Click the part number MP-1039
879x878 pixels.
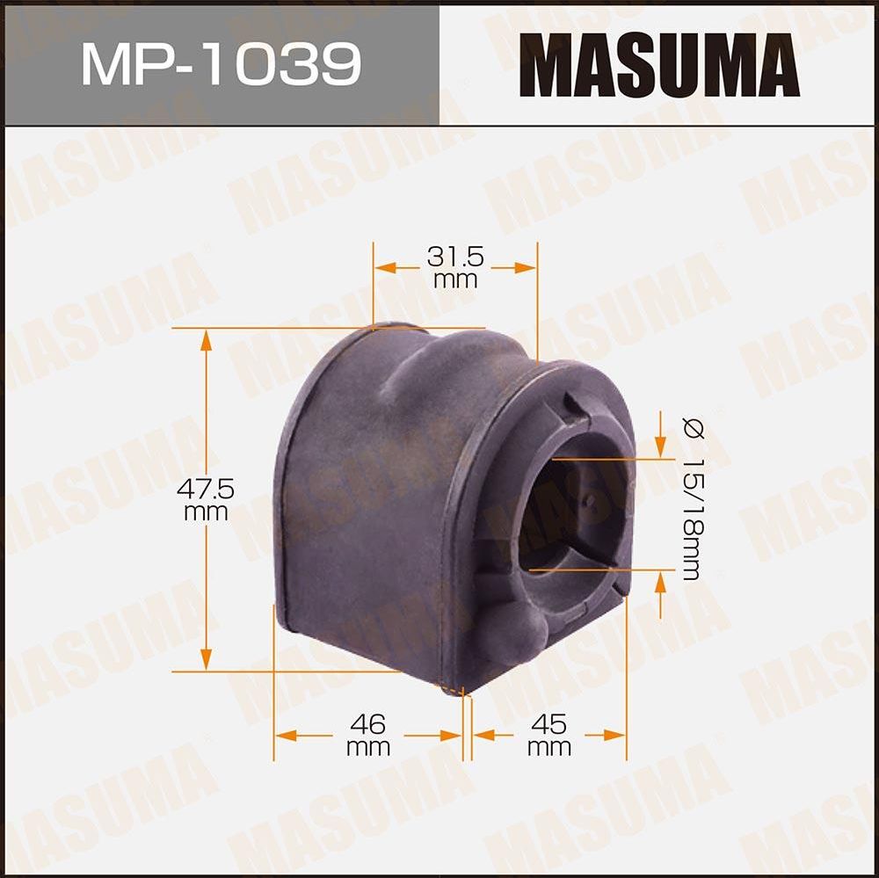point(220,64)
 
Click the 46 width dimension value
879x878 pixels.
point(367,724)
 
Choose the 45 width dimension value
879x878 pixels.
point(549,724)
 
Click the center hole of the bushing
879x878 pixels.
point(571,519)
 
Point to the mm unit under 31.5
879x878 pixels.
point(455,280)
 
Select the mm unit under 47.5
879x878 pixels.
point(206,512)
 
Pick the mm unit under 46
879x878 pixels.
point(367,748)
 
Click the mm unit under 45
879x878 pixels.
point(549,748)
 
